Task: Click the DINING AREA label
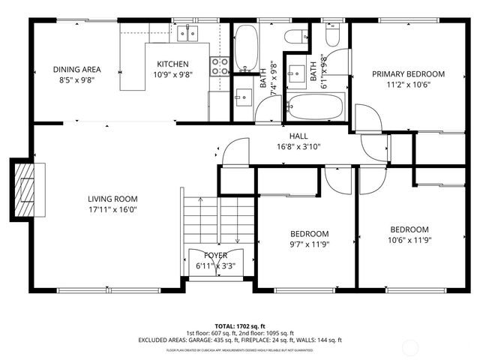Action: (76, 70)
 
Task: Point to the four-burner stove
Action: (219, 66)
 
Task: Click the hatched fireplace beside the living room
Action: (26, 191)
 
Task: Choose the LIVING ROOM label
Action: (112, 199)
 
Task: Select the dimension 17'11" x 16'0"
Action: (112, 210)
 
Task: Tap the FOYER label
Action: (215, 255)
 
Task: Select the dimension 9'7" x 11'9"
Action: (309, 244)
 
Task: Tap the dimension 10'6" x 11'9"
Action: (409, 240)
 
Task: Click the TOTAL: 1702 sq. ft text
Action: (240, 325)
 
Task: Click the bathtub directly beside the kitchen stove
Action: (245, 46)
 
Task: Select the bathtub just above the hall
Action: (314, 108)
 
